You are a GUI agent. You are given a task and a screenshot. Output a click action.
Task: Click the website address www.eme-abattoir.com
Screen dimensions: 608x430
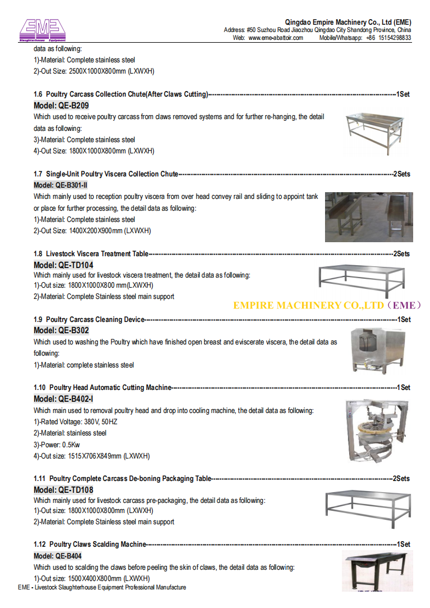point(276,38)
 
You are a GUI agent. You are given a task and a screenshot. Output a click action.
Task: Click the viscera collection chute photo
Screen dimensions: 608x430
point(368,217)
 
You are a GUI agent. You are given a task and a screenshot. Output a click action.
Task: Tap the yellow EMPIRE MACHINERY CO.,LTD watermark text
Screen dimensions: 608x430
point(327,305)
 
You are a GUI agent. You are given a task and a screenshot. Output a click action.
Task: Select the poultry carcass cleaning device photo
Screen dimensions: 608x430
point(373,350)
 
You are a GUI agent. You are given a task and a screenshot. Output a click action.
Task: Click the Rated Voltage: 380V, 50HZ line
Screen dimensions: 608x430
point(75,421)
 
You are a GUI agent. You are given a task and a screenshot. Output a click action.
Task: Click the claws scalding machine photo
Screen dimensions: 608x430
point(377,571)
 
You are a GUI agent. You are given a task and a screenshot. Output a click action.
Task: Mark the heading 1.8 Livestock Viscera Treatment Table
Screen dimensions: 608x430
point(91,254)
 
